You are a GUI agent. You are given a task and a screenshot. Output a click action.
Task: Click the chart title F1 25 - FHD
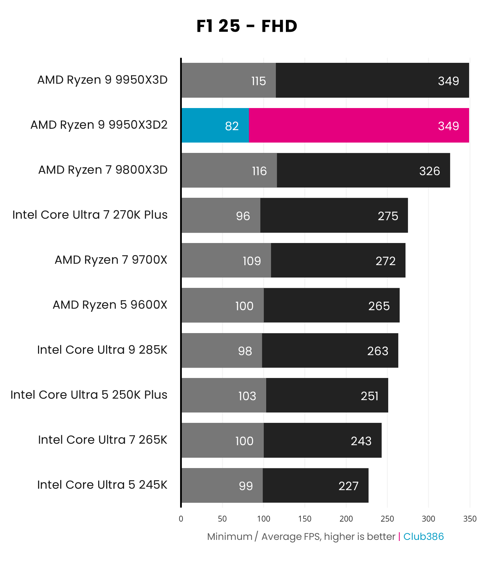246,26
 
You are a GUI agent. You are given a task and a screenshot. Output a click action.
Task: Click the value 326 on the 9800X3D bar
429,171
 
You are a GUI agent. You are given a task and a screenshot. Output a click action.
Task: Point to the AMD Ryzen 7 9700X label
111,260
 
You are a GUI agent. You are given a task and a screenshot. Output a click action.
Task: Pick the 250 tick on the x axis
387,518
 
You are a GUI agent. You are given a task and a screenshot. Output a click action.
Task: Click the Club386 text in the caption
423,536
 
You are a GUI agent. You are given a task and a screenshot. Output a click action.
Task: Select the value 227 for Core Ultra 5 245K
348,486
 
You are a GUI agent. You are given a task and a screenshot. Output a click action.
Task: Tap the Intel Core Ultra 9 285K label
102,350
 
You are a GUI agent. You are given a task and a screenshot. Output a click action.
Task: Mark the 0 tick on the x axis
181,518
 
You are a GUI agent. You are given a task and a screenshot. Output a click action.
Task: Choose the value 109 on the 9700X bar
252,261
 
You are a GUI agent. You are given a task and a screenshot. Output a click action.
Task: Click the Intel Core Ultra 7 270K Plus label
90,215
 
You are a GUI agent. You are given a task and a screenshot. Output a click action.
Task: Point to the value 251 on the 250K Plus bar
370,396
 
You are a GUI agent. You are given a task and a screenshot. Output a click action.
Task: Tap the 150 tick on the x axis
305,518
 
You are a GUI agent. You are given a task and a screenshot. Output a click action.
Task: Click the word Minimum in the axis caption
230,536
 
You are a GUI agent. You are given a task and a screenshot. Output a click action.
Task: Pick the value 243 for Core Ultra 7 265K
361,441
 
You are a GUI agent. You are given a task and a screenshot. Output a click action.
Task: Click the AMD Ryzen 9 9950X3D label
102,80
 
